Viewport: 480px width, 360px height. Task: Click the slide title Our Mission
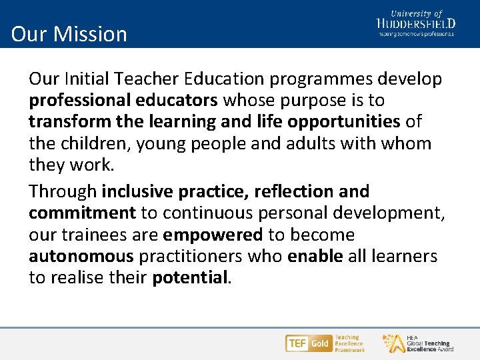[x=69, y=34]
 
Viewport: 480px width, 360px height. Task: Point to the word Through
[x=63, y=192]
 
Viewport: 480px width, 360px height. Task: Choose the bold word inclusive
[x=138, y=192]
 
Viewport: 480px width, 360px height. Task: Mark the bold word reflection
[x=295, y=192]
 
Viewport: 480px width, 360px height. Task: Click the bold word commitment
[x=82, y=213]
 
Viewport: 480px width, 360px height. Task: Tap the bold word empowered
[x=213, y=235]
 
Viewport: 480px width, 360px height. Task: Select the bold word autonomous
[x=81, y=257]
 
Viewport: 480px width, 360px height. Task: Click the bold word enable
[x=315, y=257]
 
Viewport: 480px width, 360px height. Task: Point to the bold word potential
[x=190, y=278]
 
